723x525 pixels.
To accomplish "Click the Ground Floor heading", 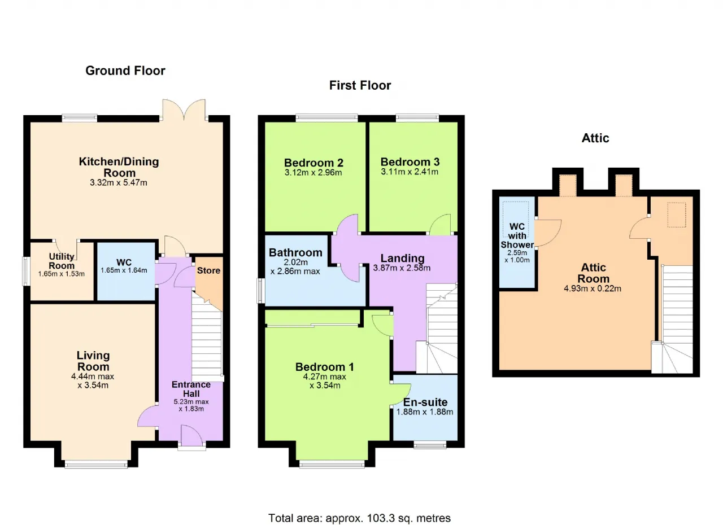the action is point(125,71).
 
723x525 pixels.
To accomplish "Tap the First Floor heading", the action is point(360,85).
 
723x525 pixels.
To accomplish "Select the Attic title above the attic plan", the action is point(595,138).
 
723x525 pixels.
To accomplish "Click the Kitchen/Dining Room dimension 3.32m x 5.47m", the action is point(119,183).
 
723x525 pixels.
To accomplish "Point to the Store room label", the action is point(208,270).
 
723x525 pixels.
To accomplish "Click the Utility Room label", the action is point(62,261).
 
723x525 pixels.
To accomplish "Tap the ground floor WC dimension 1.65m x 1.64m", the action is point(124,270).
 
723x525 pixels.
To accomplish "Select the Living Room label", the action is point(93,361).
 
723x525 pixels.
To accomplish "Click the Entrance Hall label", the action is point(191,389).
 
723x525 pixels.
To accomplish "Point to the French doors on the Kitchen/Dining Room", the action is point(184,110).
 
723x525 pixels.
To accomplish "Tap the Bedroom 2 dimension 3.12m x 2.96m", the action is point(313,173).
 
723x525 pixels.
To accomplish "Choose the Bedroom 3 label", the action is point(410,162).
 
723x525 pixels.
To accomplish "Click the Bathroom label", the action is point(295,252).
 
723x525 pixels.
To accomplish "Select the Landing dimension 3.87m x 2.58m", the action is point(402,268).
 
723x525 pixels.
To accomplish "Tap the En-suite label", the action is point(425,402).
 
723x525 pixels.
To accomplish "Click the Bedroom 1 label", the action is point(324,367).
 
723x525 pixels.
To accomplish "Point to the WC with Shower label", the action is point(517,236).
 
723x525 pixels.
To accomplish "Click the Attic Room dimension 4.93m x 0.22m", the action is point(593,288).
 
